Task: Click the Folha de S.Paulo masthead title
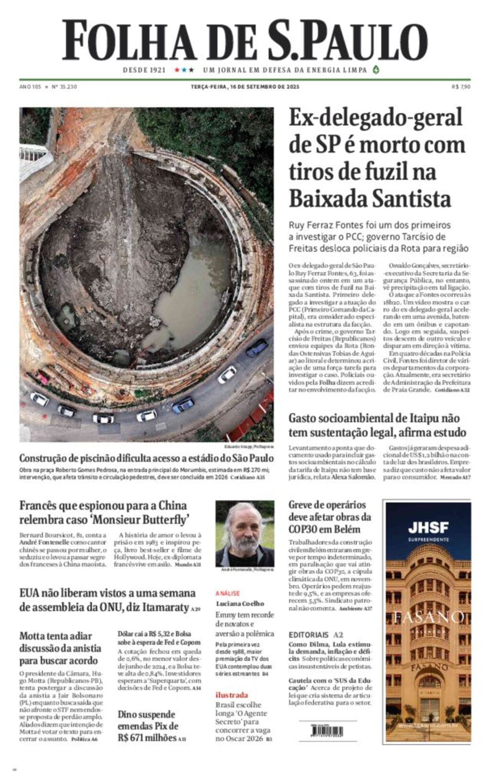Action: pos(245,40)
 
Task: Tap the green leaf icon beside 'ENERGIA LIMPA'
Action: pos(376,70)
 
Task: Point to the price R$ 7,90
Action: pos(461,87)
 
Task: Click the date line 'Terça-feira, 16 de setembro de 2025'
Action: pos(245,87)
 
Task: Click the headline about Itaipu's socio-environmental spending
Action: pos(377,425)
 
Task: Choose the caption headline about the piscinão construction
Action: pos(146,458)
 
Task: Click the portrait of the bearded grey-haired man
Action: pos(245,533)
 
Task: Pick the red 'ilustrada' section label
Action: pos(232,695)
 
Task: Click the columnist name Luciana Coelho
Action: pos(240,603)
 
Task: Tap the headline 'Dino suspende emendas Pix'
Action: pos(148,726)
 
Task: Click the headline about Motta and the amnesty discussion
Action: pos(60,648)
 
